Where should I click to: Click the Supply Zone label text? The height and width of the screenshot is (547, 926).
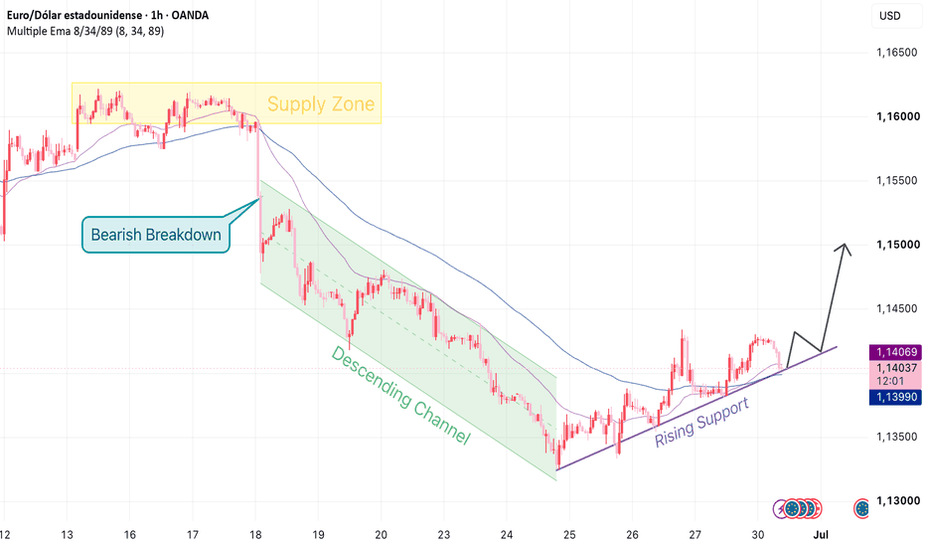[321, 104]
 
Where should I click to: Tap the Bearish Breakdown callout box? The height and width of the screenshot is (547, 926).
[156, 235]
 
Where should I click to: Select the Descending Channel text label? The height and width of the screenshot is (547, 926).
[400, 395]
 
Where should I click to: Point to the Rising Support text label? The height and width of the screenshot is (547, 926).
[702, 423]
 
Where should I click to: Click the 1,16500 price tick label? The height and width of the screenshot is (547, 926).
[897, 53]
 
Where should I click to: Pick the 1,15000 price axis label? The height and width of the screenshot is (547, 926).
[897, 245]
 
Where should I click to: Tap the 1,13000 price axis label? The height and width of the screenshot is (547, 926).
[897, 501]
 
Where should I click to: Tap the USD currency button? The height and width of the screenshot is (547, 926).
[890, 16]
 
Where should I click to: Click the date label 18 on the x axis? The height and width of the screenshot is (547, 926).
[255, 535]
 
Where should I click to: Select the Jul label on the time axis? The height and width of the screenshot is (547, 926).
[821, 535]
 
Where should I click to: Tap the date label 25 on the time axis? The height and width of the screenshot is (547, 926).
[569, 535]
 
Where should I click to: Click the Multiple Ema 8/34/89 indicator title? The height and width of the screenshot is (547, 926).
[85, 31]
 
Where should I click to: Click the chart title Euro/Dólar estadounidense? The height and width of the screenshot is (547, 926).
[75, 15]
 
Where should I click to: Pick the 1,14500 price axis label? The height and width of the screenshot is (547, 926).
[897, 308]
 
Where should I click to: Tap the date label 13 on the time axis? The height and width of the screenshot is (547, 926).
[68, 535]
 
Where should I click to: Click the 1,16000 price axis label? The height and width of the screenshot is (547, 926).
[897, 116]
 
